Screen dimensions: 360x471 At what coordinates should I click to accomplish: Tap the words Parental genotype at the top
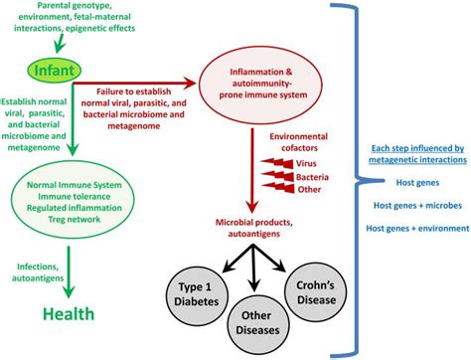(61, 7)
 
